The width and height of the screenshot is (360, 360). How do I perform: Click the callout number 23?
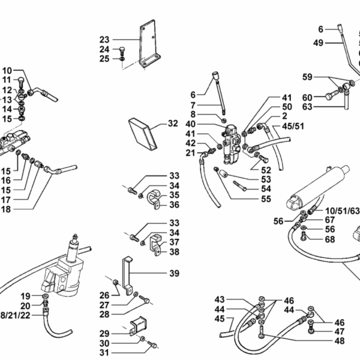click(104, 40)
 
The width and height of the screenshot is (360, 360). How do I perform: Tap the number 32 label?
click(173, 124)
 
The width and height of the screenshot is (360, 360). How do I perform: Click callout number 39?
click(174, 273)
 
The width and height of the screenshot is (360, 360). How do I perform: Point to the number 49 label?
click(319, 42)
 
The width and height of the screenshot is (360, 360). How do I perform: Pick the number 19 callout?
click(26, 295)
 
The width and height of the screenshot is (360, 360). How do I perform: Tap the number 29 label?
click(104, 333)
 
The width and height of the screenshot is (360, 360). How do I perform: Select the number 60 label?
click(307, 97)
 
